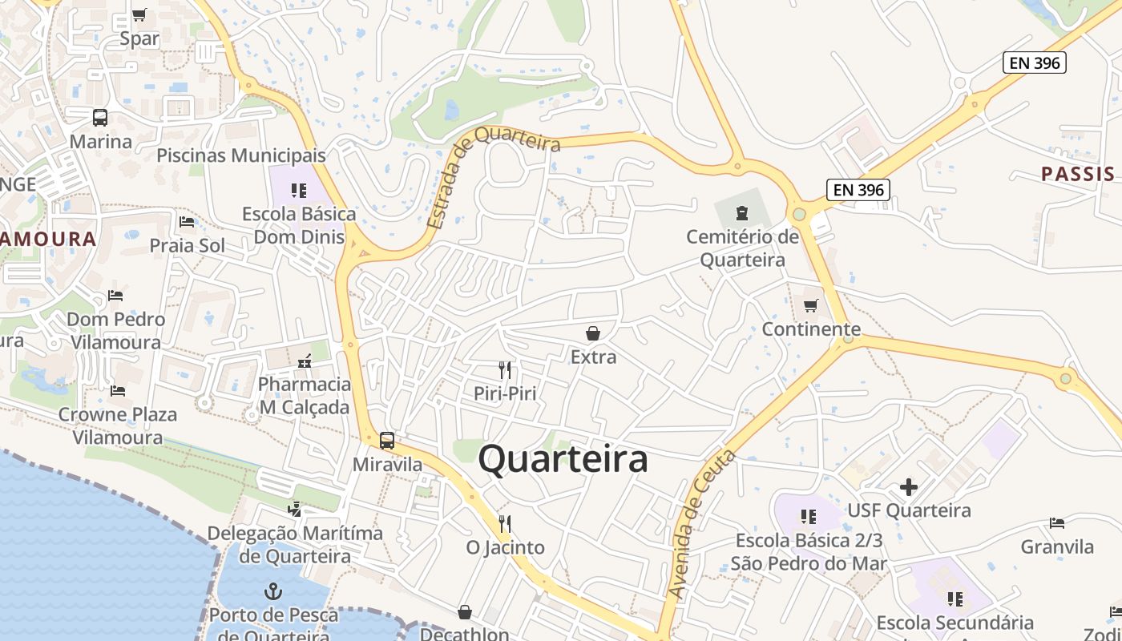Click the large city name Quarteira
click(563, 460)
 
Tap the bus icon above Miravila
click(387, 440)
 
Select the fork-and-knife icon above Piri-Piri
click(505, 369)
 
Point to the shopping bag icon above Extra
click(593, 333)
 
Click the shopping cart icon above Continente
click(811, 305)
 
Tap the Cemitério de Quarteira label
click(743, 248)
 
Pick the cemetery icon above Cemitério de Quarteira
click(742, 212)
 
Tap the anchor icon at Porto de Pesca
click(273, 592)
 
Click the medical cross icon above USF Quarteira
click(908, 486)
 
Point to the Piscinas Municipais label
click(241, 155)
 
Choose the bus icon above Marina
click(100, 118)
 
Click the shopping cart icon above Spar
click(139, 14)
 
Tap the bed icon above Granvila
click(1057, 523)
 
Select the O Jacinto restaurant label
click(506, 548)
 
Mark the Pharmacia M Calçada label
click(304, 396)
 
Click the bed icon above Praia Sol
click(188, 221)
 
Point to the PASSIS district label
click(1077, 174)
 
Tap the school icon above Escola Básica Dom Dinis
click(299, 190)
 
